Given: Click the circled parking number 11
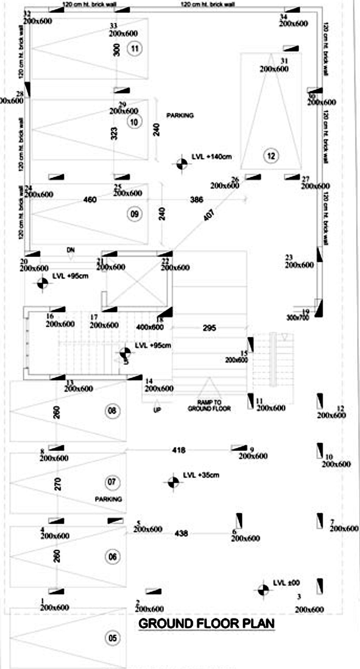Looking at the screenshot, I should coord(134,48).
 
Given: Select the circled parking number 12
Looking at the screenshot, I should coord(271,156).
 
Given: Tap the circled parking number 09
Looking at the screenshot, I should coord(134,214).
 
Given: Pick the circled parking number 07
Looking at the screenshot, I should coord(112,482).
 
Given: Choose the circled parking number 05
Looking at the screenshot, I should coord(112,638).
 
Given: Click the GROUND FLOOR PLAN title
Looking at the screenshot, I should coord(206,623).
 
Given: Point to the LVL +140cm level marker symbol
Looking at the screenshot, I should coord(182,164).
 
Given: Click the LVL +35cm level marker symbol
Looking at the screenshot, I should coord(173,482).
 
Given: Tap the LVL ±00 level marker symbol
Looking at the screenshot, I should coord(263,590).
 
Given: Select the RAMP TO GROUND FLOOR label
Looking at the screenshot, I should coord(209,406).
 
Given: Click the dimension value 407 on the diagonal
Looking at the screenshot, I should coord(209,215).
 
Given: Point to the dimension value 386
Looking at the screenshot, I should coord(197,199).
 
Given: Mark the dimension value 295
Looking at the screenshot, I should coord(209,328).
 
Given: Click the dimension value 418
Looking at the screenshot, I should coord(179,450).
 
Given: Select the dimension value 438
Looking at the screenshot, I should coord(181,533).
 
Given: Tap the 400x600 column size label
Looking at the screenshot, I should coord(150,327).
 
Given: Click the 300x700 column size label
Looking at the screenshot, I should coord(297,318).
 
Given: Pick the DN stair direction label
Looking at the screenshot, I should coord(71,250).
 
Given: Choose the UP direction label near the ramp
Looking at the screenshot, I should coord(157,410).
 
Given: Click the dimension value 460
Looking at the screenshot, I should coord(90,199).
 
